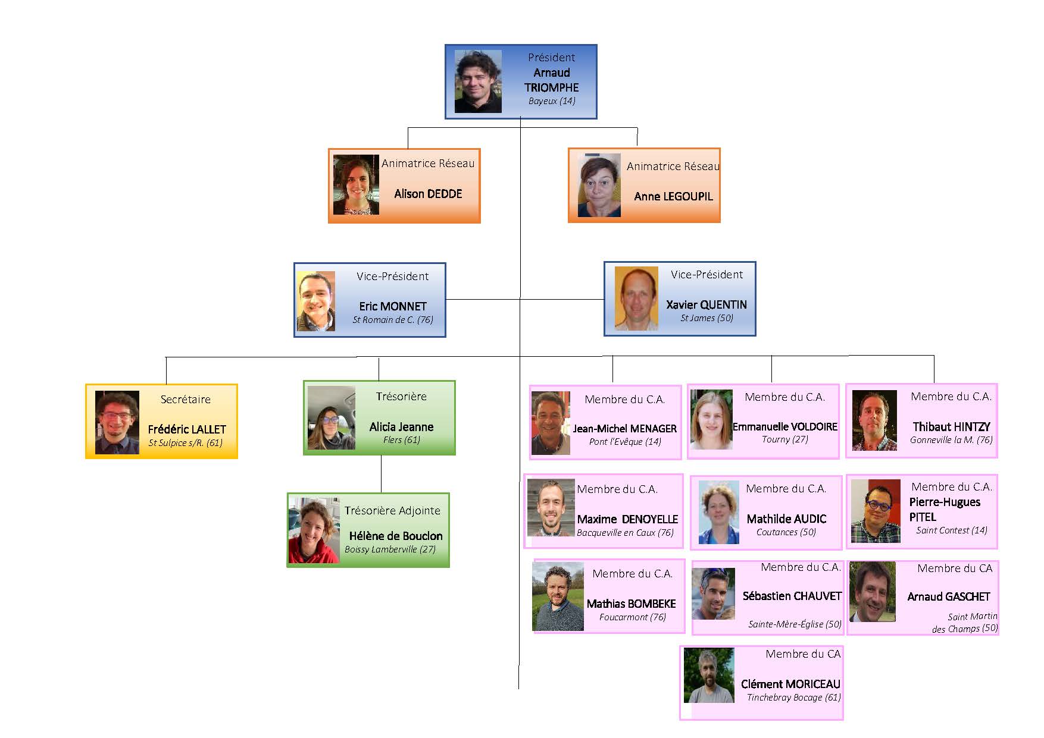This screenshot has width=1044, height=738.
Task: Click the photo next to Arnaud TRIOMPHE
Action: (x=477, y=81)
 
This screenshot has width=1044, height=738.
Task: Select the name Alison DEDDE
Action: (x=428, y=194)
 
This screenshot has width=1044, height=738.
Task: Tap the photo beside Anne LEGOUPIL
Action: (x=599, y=186)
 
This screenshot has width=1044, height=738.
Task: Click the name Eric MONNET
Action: (x=393, y=306)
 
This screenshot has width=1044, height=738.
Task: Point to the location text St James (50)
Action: (x=707, y=318)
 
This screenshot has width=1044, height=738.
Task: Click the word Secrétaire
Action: (x=185, y=400)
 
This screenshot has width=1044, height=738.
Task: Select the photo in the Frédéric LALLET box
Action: (x=117, y=422)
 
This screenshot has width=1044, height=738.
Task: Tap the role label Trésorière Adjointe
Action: (x=392, y=511)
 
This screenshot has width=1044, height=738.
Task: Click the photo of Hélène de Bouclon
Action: (x=313, y=530)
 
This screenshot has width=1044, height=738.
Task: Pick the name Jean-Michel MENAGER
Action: (x=625, y=428)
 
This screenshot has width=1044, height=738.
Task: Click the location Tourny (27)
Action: (x=784, y=439)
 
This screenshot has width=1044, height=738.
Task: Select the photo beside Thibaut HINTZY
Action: (x=874, y=420)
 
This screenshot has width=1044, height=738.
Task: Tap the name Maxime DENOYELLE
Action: (x=627, y=519)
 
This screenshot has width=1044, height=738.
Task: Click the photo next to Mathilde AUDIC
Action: (x=718, y=513)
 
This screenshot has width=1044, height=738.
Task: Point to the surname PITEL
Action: (x=923, y=517)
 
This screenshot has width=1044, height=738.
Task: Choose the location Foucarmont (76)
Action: (x=632, y=617)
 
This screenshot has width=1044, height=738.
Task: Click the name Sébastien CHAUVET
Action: (x=792, y=596)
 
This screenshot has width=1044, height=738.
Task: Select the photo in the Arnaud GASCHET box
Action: (x=873, y=592)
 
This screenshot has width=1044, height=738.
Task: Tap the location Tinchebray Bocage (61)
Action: (x=793, y=698)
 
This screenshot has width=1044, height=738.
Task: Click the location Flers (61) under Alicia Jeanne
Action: (x=401, y=440)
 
